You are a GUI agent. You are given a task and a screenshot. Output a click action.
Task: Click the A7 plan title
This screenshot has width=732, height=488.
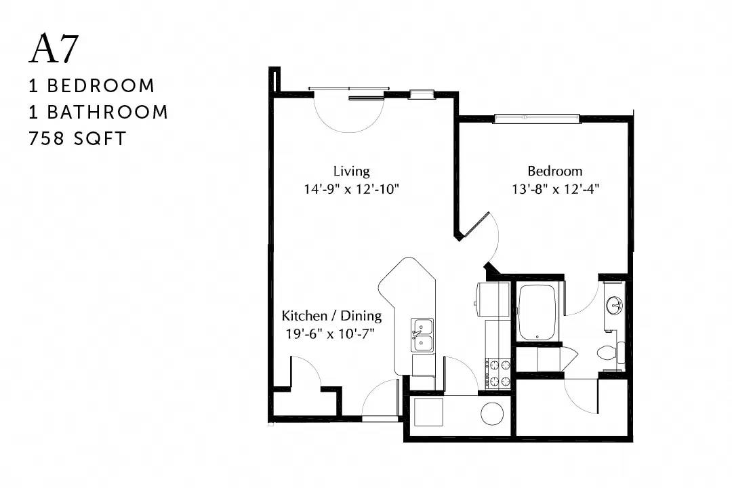[54, 48]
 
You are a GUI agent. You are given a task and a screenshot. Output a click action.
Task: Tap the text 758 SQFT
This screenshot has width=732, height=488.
[77, 139]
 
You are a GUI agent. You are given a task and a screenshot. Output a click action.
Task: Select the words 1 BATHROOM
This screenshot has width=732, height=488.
[98, 112]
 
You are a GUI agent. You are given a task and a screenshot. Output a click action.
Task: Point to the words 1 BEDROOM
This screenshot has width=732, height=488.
[91, 86]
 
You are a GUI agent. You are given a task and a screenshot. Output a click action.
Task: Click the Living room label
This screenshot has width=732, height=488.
[352, 171]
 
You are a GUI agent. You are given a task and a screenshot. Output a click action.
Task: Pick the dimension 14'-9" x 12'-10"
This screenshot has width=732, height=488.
[352, 190]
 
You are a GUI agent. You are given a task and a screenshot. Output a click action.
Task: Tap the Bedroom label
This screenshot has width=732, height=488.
[555, 171]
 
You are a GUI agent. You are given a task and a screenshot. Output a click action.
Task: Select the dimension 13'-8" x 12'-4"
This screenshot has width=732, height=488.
[556, 190]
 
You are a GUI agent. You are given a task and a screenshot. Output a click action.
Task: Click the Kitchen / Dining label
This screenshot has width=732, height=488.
[331, 316]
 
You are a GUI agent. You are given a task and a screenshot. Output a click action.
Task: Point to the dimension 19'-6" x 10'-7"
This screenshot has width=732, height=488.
[331, 334]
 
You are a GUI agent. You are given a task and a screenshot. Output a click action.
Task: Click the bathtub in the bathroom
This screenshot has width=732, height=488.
[537, 312]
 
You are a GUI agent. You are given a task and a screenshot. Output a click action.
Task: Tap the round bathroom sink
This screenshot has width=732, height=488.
[614, 306]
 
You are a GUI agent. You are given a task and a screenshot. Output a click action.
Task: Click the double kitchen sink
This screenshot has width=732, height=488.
[422, 335]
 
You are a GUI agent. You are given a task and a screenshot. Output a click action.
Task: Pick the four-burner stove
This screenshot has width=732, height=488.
[498, 373]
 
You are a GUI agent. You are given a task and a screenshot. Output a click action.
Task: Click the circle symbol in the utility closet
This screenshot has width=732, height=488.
[493, 414]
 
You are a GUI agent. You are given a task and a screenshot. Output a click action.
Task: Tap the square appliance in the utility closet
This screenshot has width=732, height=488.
[428, 412]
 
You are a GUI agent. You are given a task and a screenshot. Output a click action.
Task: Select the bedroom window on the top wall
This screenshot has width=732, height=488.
[537, 119]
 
